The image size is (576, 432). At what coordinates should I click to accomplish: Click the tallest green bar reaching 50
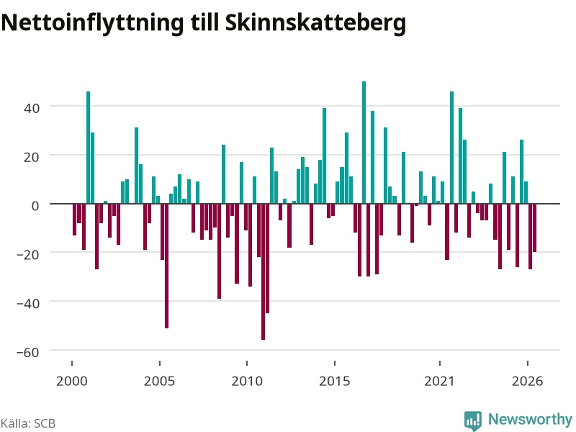(364, 143)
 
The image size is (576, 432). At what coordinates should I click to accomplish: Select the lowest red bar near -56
(263, 272)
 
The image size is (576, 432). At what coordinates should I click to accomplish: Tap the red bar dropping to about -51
(167, 266)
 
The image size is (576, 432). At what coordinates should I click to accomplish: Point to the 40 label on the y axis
(32, 109)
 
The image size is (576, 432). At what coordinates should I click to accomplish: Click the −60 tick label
(28, 353)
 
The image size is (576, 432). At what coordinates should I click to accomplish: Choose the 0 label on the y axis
(35, 206)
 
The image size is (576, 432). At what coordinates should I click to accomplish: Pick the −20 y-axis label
(28, 255)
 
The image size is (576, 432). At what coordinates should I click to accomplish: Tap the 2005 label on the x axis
(159, 381)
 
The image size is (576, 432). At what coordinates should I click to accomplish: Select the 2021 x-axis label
(439, 381)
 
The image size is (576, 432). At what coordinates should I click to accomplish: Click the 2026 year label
(527, 381)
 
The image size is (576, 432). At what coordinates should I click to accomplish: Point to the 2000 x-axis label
(71, 381)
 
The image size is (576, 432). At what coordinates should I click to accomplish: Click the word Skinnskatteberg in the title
(315, 23)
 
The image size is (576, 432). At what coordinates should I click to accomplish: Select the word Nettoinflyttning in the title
(92, 23)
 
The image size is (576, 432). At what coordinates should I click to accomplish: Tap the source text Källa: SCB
(28, 423)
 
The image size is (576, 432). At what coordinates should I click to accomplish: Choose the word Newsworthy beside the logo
(530, 419)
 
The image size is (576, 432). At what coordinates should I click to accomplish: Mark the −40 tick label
(28, 304)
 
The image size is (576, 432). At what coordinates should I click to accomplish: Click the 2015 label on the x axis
(334, 381)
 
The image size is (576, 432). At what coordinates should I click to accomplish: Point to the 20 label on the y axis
(32, 157)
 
